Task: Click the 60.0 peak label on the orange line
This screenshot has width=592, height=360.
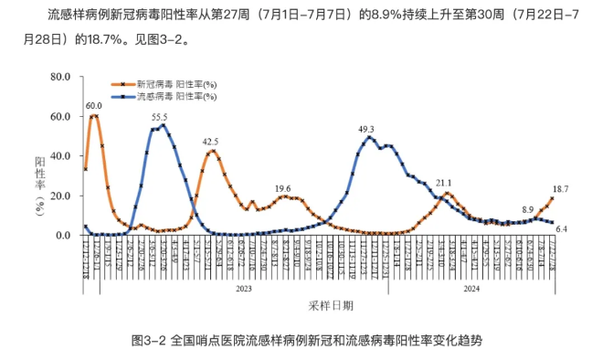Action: click(x=93, y=105)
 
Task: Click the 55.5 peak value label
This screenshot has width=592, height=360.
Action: click(x=160, y=117)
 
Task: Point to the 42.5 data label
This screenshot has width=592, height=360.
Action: click(x=211, y=142)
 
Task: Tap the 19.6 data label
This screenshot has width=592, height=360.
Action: click(x=283, y=188)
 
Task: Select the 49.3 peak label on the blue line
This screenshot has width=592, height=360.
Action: click(x=366, y=129)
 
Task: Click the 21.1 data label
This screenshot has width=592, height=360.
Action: click(x=444, y=183)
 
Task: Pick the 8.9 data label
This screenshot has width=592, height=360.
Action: click(x=528, y=209)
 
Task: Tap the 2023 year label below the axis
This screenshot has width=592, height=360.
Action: click(x=243, y=288)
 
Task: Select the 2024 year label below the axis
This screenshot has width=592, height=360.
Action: click(x=471, y=288)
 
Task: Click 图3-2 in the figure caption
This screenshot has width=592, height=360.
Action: click(x=147, y=341)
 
